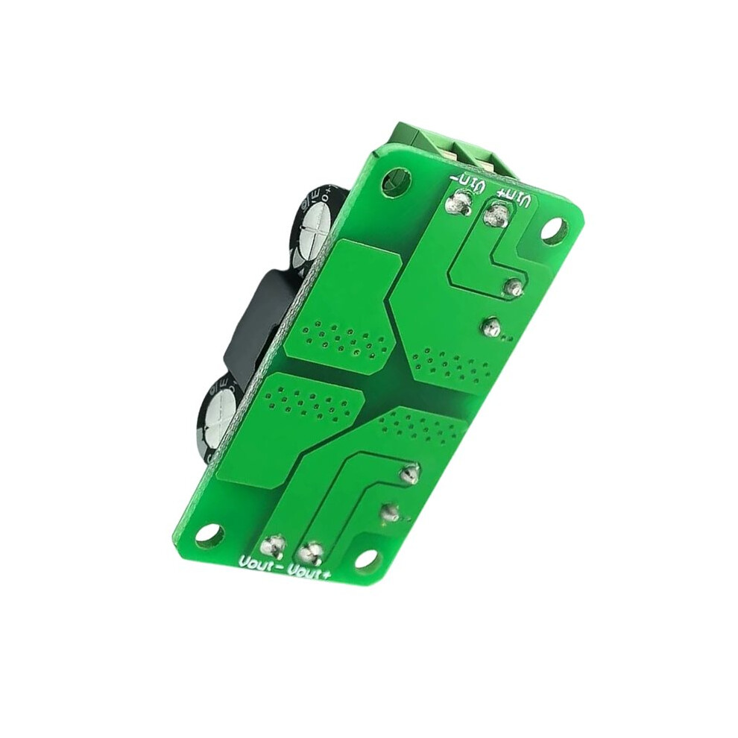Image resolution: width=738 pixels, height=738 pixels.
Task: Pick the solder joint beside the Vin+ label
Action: [496, 215]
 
